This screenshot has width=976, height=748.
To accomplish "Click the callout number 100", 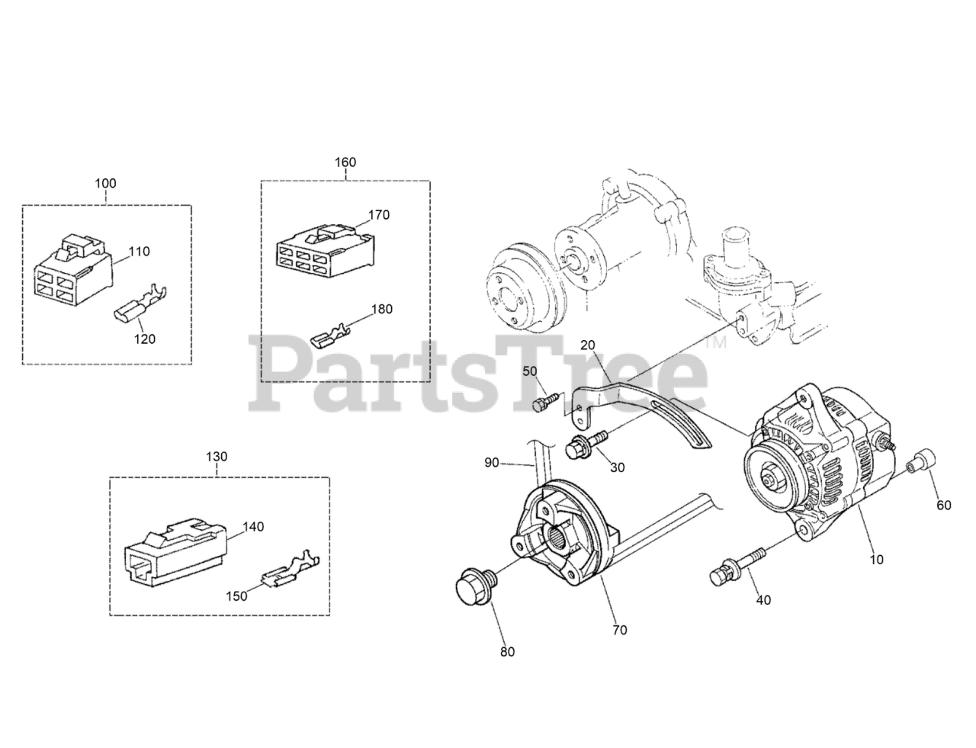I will (105, 183).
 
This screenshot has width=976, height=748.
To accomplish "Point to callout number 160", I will (345, 162).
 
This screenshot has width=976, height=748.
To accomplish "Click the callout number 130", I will (217, 456).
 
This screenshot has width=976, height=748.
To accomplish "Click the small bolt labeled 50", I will (544, 403).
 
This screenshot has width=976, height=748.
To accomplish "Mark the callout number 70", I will (619, 630).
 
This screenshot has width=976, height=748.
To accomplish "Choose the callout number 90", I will (493, 463).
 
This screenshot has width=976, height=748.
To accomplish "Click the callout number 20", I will (588, 345).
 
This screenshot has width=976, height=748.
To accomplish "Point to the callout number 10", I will (876, 559).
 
